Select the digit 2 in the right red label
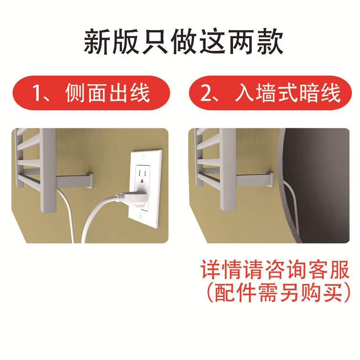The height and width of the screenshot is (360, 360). tap(205, 93)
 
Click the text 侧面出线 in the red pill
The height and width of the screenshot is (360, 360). tap(108, 93)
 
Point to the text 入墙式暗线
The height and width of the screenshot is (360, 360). tap(288, 93)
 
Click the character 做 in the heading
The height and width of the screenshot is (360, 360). tap(184, 41)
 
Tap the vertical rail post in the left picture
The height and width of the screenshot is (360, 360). tap(48, 170)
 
